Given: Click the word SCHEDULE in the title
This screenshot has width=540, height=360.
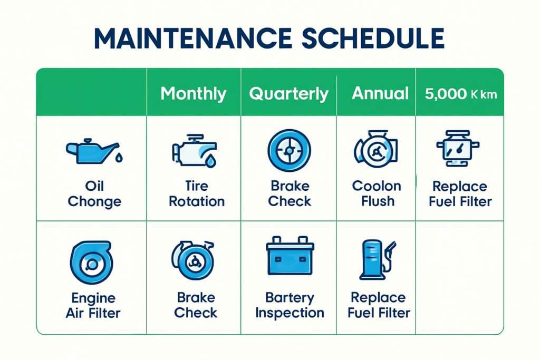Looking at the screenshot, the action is coord(373,38).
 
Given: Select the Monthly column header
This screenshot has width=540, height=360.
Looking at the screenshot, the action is coord(194,94).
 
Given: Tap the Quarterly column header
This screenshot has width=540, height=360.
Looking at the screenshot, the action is coord(288,94).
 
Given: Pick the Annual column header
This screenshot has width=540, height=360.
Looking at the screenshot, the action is coord(380,93).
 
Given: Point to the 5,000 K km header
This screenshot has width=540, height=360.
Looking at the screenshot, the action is coord(461,94).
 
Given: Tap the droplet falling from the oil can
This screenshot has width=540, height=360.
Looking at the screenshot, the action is coord(119,158).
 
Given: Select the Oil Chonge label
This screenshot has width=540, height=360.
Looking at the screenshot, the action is coord(94,194).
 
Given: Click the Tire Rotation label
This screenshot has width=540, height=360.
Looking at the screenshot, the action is coord(197,194).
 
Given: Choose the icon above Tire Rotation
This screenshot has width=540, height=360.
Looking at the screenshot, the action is coord(195,151).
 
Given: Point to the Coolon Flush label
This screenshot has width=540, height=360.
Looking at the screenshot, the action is coord(377,193).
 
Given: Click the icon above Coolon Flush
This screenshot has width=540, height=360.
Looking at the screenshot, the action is coord(376,149).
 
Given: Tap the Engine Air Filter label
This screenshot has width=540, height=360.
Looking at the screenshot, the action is coord(93,306).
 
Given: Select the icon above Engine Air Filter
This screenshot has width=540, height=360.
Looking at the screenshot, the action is coord(92,262).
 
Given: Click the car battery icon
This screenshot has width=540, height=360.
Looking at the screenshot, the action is coord(290,256).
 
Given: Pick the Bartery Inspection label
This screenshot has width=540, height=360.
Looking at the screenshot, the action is coord(290,305).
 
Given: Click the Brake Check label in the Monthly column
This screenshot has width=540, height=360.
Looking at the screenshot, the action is coord(196,305).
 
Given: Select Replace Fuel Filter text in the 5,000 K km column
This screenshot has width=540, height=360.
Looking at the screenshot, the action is coord(460,194).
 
